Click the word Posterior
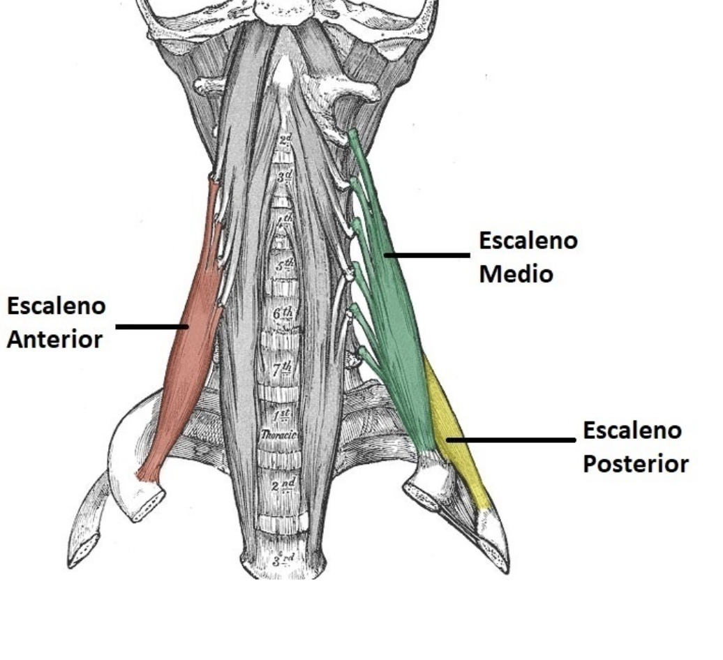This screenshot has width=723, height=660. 635,464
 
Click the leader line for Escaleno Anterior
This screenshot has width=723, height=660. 151,326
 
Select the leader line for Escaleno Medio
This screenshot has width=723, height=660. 427,255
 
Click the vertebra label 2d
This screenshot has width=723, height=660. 285,141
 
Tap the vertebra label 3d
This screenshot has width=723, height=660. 285,177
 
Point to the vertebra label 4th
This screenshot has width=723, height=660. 285,223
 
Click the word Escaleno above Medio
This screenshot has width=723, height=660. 528,241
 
